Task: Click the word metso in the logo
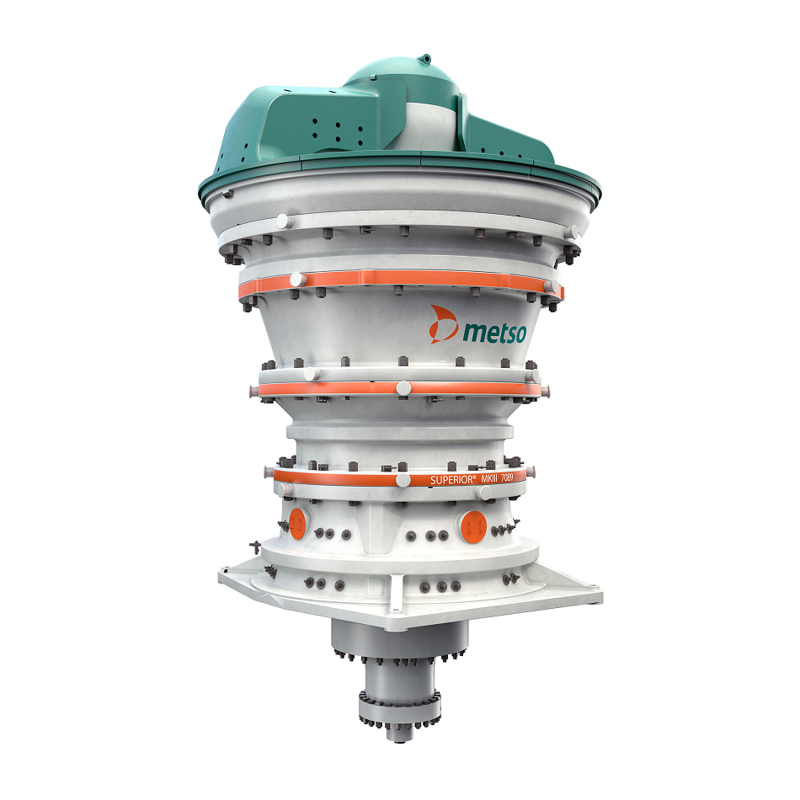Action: (x=493, y=332)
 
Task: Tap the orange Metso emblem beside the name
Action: (x=443, y=324)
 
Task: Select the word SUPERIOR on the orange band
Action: (x=452, y=480)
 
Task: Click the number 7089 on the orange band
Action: (x=507, y=477)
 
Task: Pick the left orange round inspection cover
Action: (x=297, y=523)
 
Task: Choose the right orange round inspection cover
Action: (x=473, y=526)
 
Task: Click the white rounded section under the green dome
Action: (x=429, y=125)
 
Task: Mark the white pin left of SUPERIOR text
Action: (x=403, y=480)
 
